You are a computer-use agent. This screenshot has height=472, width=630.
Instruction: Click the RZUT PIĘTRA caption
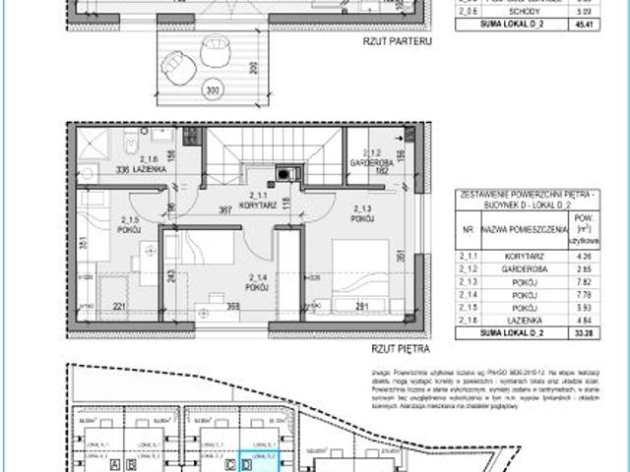tap(391, 347)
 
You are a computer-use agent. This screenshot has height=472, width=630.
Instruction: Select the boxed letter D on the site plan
tap(245, 464)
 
